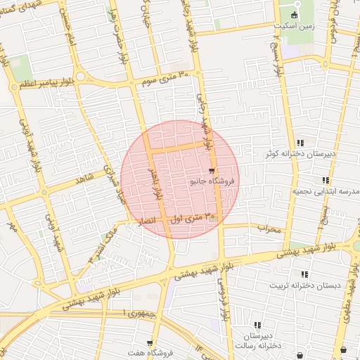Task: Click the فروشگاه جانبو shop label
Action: pos(214,181)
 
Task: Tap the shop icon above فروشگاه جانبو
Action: pos(212,171)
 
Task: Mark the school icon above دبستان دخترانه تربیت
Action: pos(304,274)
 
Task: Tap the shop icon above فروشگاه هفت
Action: pos(150,343)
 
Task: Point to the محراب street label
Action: pos(269,229)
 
